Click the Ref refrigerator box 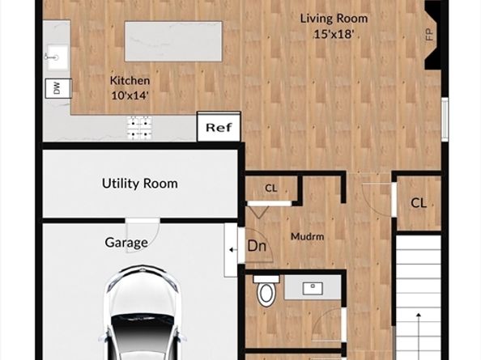(x=219, y=126)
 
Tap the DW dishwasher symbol (x=58, y=88)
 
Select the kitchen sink (x=57, y=57)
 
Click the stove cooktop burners (x=139, y=128)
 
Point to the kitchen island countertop (x=173, y=41)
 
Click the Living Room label (x=334, y=19)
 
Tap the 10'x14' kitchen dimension (x=130, y=95)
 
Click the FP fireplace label (x=429, y=34)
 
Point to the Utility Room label (x=140, y=184)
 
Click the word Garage (x=126, y=243)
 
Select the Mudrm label (x=308, y=236)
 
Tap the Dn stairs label (x=257, y=246)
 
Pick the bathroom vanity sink (x=313, y=289)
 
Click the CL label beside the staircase (x=419, y=203)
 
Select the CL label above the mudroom (x=271, y=188)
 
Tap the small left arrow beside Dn (x=233, y=250)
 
